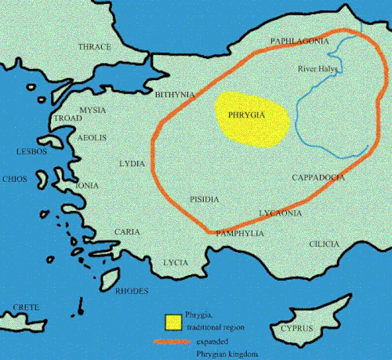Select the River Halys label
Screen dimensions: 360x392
(x=318, y=69)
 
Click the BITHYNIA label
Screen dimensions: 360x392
(x=175, y=95)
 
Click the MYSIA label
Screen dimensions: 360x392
(x=93, y=110)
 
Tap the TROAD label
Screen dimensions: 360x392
(x=66, y=118)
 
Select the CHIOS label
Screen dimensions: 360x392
(x=15, y=179)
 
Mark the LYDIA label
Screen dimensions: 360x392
(x=131, y=163)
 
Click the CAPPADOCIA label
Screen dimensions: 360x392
(x=318, y=178)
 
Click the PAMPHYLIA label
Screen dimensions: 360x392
(x=240, y=234)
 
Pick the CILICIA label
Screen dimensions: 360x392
(x=324, y=245)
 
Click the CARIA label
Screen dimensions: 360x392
(x=127, y=232)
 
